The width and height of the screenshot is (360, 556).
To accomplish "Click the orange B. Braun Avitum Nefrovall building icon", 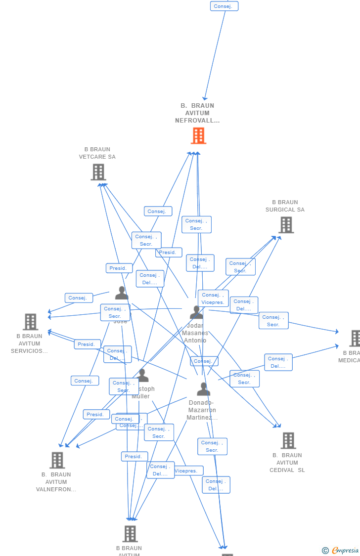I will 198,135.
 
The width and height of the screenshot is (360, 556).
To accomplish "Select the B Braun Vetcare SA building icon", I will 98,172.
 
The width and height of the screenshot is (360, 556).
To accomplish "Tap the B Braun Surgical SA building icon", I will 286,225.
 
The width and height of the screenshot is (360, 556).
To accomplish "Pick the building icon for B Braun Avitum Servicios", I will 30,322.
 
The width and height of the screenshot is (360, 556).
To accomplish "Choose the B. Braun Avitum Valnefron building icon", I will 57,460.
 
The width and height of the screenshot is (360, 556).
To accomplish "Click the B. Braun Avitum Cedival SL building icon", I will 288,440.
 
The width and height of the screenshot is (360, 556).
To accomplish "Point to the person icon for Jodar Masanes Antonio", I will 196,312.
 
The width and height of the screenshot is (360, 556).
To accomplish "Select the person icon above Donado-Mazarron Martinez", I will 203,389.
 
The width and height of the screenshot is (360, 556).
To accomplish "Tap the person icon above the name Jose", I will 122,293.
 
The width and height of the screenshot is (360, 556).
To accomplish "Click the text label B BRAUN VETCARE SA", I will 97,153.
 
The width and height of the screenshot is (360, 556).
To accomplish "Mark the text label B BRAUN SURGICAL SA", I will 285,206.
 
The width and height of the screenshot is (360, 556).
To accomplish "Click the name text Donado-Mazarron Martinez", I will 202,410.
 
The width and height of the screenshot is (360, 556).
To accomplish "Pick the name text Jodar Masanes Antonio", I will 195,334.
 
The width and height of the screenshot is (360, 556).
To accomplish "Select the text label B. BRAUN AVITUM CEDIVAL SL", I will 287,463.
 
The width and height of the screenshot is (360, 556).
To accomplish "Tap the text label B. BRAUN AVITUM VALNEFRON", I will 56,482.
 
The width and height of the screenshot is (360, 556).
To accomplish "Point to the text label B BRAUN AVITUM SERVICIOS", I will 30,343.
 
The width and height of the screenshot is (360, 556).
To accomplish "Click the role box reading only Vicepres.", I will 186,471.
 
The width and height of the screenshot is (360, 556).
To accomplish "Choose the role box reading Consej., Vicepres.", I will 213,299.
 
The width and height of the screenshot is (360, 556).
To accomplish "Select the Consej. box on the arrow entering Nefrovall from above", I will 225,6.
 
